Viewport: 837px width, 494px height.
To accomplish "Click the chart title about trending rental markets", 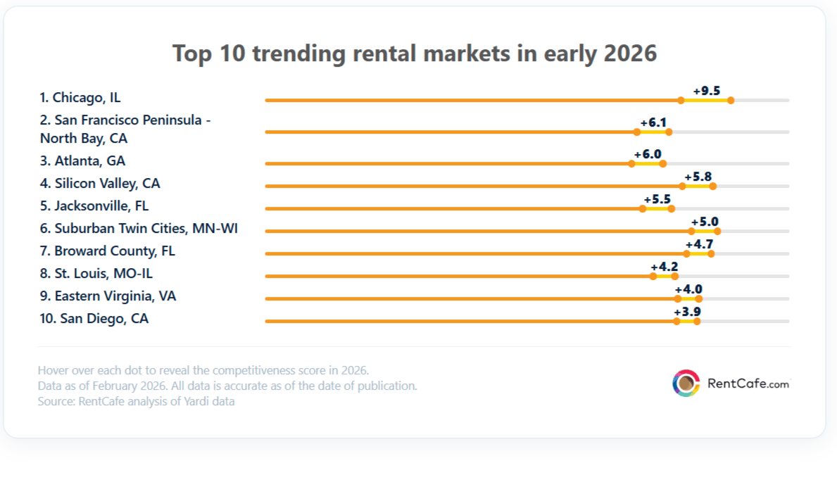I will point(415,53).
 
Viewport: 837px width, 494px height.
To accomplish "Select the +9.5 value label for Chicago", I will point(706,91).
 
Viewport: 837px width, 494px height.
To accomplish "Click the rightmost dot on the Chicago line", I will point(731,101).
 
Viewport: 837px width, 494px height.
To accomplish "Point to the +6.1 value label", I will point(653,122).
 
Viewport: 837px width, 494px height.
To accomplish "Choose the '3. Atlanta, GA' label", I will point(82,161).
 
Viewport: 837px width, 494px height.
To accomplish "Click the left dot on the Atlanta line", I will point(631,163).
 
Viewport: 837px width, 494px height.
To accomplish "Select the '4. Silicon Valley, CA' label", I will point(100,184).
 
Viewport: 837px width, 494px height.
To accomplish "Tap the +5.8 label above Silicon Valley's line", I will point(698,177).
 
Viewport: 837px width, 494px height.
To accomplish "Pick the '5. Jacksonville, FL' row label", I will point(94,206).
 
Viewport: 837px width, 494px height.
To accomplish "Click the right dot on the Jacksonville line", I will point(671,209).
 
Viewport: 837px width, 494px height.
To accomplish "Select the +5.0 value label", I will point(704,222).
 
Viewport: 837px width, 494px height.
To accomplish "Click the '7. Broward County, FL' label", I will point(108,251).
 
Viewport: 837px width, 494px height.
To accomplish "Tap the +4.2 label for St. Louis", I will point(664,267).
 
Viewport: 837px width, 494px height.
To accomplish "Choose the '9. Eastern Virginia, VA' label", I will point(108,296).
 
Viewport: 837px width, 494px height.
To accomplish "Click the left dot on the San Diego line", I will point(676,322).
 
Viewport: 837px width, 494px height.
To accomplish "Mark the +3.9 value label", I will point(687,312).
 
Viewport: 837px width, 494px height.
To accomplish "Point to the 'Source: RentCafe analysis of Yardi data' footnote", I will point(136,402).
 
